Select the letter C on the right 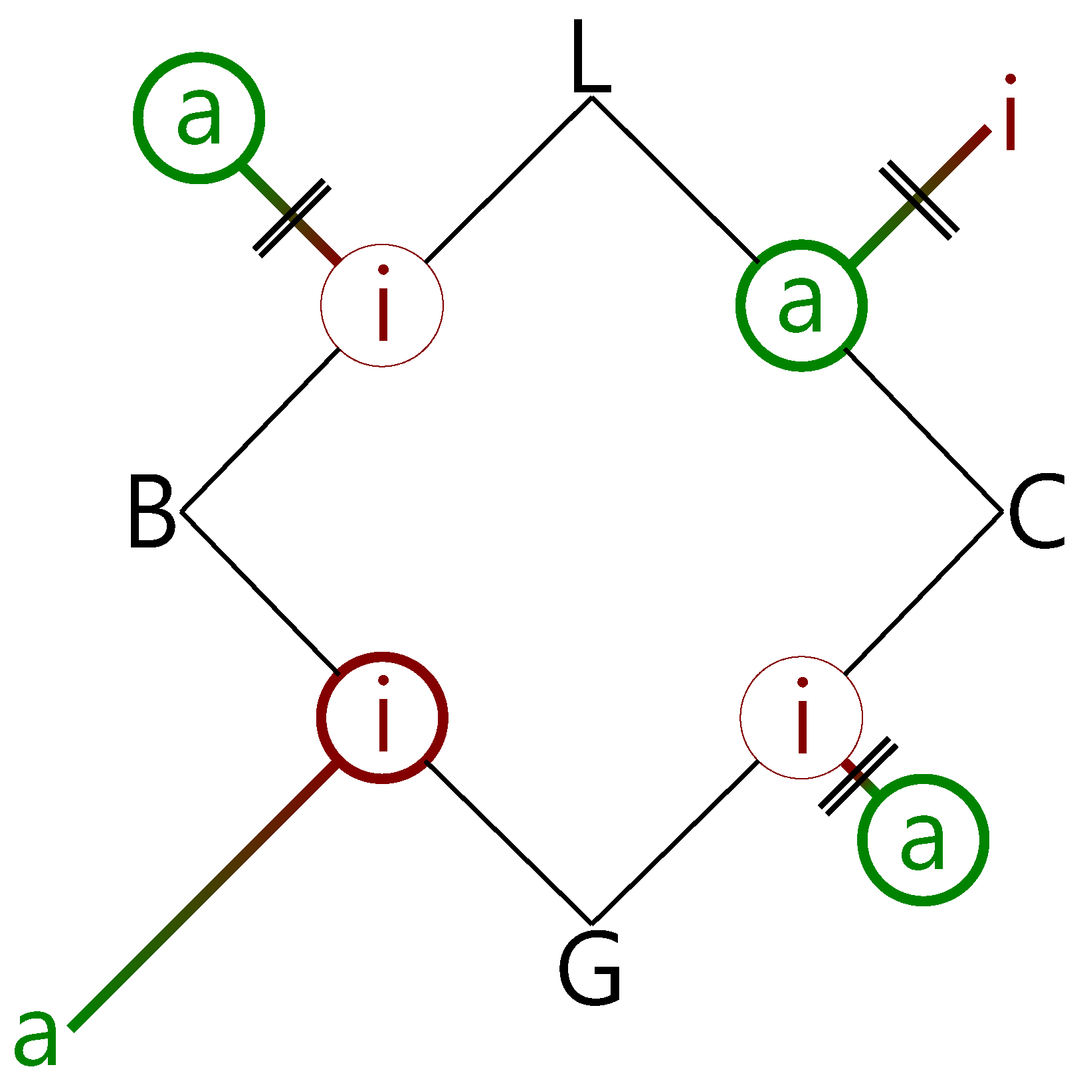1036,512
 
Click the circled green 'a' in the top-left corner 199,118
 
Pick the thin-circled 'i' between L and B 382,306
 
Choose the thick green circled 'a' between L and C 801,306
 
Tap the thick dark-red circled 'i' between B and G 382,718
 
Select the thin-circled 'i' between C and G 801,718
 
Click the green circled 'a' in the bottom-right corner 923,840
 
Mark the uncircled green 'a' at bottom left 37,1036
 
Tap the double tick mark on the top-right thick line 919,199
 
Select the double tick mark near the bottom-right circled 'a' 858,775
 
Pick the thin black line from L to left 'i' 508,179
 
